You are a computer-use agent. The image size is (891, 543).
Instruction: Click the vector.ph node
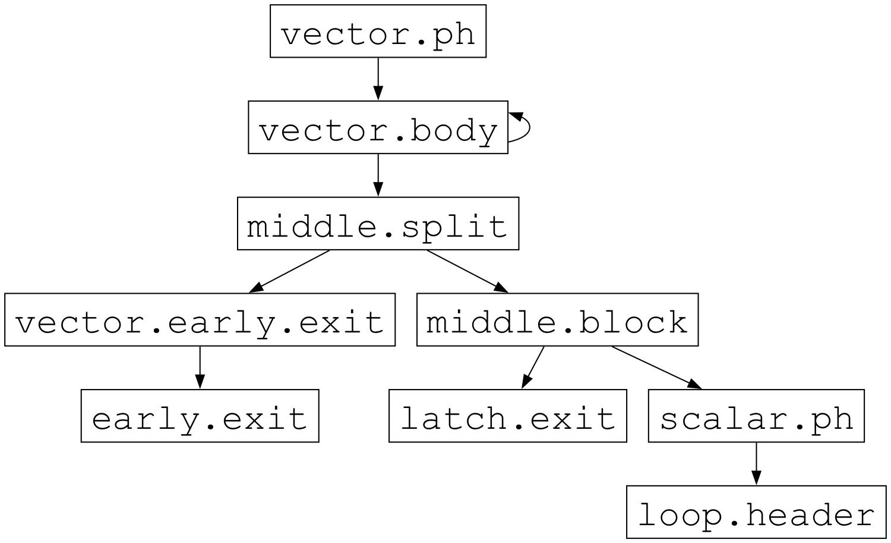(378, 32)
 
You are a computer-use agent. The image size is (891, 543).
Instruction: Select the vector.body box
(378, 128)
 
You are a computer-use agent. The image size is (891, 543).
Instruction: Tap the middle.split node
(378, 224)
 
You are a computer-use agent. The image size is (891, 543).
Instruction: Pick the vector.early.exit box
(200, 320)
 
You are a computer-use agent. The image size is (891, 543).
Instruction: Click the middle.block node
(557, 320)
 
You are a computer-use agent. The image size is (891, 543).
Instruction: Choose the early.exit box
(200, 416)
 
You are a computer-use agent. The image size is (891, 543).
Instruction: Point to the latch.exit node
(507, 416)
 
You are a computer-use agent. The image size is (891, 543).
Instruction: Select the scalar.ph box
(756, 416)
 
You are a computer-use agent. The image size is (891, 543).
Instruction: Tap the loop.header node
(756, 513)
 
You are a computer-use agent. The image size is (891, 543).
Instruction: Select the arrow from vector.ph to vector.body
(378, 77)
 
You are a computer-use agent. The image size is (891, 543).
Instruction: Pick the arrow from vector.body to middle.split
(378, 174)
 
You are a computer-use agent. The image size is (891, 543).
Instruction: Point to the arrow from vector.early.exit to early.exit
(200, 366)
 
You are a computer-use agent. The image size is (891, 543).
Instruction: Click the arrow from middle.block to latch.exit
(533, 366)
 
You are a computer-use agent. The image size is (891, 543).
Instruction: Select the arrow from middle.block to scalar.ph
(656, 366)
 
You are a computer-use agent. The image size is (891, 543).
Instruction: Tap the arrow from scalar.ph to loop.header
(756, 463)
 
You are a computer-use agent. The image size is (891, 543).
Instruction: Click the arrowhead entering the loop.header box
(756, 479)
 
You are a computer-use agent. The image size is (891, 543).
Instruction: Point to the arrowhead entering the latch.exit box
(525, 382)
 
